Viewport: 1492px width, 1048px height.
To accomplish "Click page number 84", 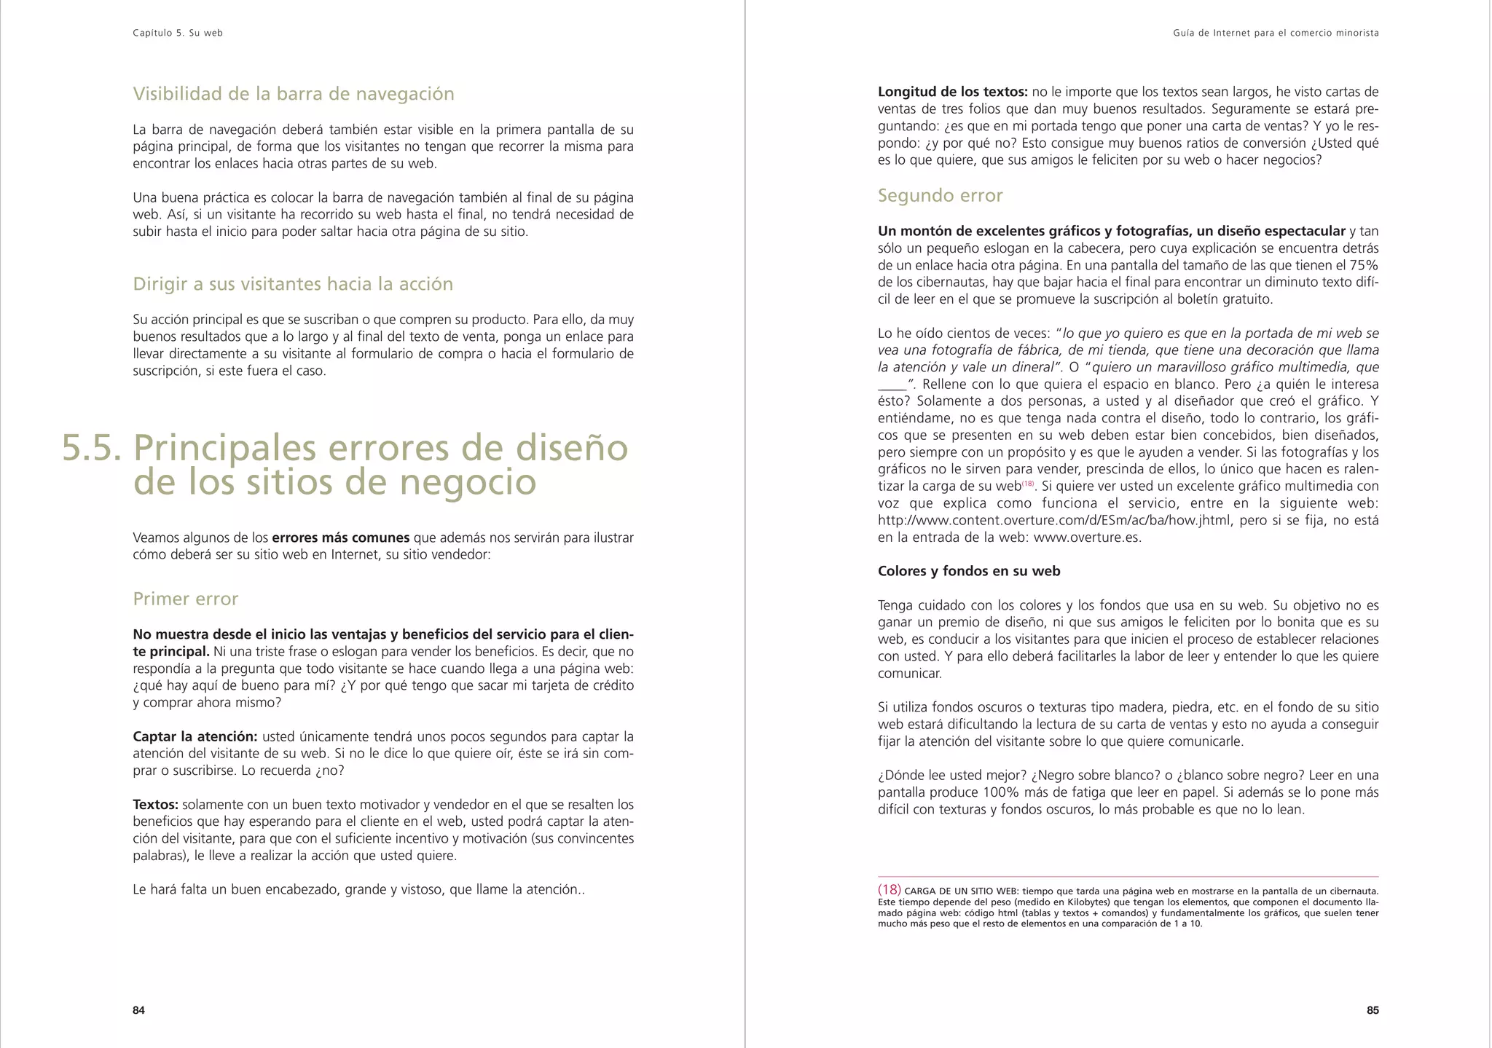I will tap(138, 1010).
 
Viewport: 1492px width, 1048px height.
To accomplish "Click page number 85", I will tap(1372, 1010).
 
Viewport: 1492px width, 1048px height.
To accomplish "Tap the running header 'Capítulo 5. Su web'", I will tap(178, 33).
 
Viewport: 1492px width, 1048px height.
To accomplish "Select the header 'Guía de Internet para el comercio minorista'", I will tap(1276, 33).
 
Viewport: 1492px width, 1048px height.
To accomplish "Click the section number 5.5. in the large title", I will tap(92, 447).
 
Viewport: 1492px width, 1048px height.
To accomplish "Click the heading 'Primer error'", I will tap(185, 599).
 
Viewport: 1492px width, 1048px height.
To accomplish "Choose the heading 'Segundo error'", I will tap(940, 195).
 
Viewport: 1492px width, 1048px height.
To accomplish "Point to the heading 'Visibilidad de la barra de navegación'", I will tap(293, 94).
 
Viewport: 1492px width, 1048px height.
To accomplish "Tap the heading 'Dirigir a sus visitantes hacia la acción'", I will tap(292, 284).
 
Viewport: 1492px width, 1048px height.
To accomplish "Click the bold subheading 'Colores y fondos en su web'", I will tap(968, 571).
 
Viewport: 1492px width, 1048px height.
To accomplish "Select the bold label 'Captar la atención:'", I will tap(195, 736).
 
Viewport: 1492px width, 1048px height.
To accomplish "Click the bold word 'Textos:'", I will tap(155, 805).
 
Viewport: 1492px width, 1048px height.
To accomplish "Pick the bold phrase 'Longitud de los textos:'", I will tap(952, 92).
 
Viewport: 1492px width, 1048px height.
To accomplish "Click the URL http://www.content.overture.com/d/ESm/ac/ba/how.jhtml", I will tap(1054, 520).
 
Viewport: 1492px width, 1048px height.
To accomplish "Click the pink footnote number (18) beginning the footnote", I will tap(890, 889).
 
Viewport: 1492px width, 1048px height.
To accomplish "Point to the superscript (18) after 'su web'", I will tap(1028, 484).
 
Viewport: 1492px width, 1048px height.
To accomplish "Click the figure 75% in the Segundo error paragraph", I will tap(1363, 265).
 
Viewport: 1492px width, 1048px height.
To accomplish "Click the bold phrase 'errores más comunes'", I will tap(340, 537).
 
